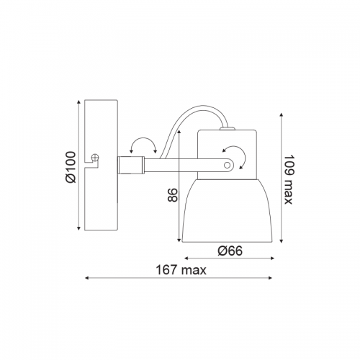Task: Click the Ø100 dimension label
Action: click(x=71, y=167)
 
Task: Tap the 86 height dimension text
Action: click(x=172, y=195)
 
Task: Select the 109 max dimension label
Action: click(x=289, y=180)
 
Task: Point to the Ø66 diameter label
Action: click(x=230, y=251)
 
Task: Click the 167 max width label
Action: click(x=181, y=270)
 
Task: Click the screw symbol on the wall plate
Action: click(x=95, y=158)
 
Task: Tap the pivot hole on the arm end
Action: click(x=227, y=165)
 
